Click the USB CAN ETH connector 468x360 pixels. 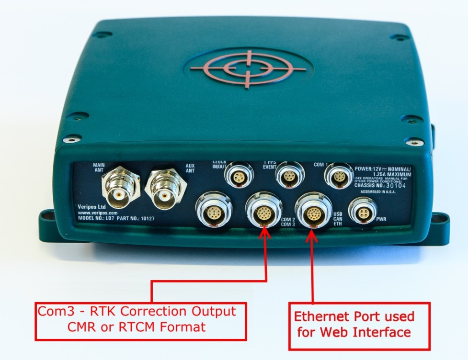click(x=312, y=210)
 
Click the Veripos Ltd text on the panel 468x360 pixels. click(x=91, y=207)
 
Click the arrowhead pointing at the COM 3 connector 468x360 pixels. click(x=266, y=233)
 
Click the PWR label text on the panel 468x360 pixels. click(x=382, y=220)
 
